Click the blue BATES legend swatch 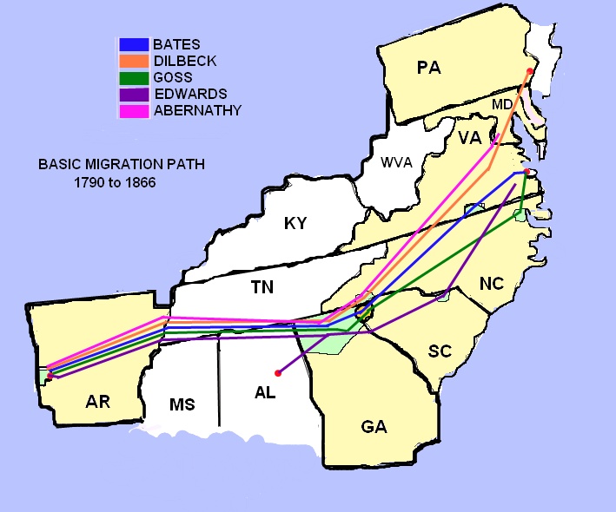[134, 44]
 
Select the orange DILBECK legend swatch [134, 61]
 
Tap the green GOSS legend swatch [134, 77]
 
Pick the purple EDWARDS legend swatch [134, 94]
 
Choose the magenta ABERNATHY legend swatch [134, 110]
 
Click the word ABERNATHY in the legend [196, 110]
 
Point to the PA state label [429, 68]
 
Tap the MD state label [503, 104]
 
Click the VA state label [470, 138]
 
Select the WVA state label [396, 162]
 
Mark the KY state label [296, 223]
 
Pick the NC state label [491, 283]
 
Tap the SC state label [440, 351]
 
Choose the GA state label [375, 427]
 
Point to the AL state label [265, 392]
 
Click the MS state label [182, 404]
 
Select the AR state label [103, 402]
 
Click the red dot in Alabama [277, 373]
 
